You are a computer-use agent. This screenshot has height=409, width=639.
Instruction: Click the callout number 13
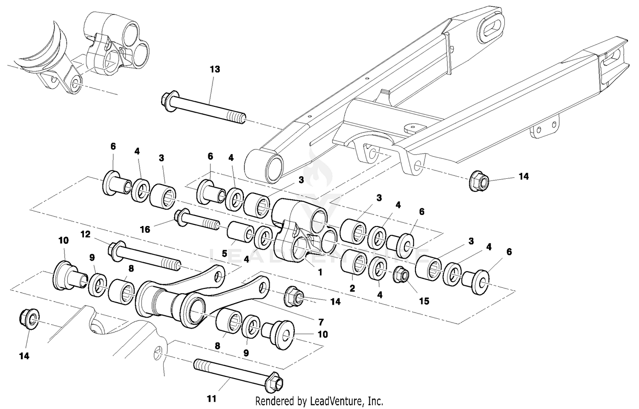coord(215,69)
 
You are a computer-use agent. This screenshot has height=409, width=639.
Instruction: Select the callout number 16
coord(145,229)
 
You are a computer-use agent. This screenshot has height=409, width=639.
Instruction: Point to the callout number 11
coord(212,399)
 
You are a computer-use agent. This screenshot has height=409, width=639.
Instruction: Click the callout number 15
coord(424,301)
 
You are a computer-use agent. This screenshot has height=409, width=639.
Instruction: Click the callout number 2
coord(352,288)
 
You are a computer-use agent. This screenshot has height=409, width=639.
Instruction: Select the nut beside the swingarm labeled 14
coord(478,181)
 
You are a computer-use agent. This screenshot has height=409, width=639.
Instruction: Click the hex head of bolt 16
coord(180,216)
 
